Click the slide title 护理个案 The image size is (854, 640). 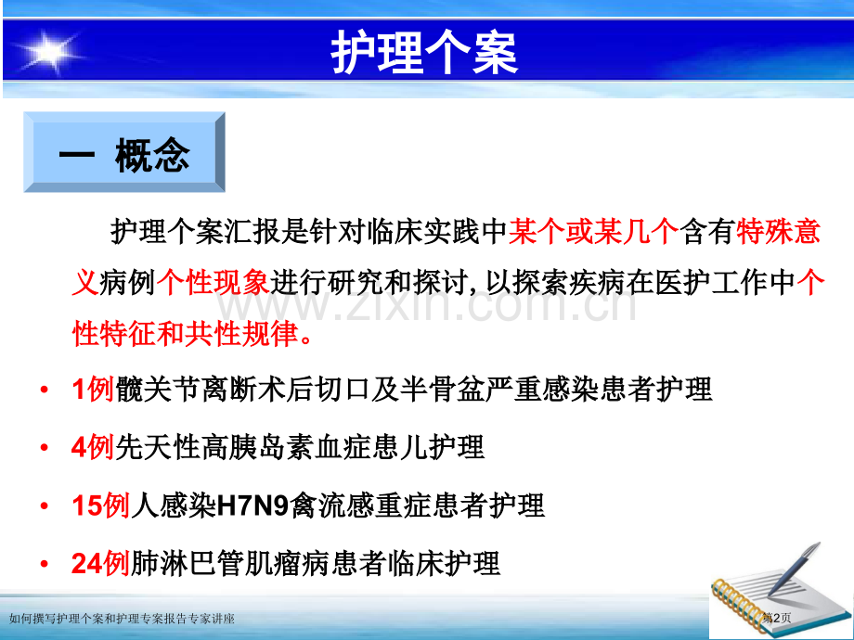[424, 52]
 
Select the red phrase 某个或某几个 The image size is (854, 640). [592, 233]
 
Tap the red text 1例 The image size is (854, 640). [92, 390]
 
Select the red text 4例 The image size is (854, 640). [92, 448]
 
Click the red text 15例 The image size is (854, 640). [100, 506]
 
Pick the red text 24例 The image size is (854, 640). [100, 563]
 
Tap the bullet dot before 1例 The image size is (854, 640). [45, 390]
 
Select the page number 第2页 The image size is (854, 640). [778, 618]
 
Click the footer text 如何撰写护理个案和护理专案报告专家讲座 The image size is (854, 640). [121, 619]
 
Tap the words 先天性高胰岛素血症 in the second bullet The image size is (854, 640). [236, 448]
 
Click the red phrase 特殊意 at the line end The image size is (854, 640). [778, 233]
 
